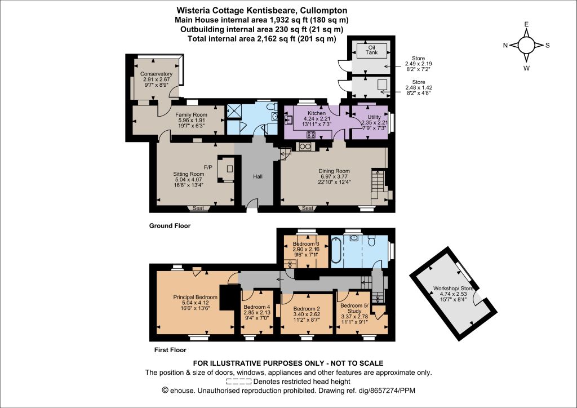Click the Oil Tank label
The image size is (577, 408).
coord(371,50)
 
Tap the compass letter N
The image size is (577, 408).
coord(505,45)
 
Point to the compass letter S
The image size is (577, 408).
coord(548,45)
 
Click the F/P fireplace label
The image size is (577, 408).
coord(208,167)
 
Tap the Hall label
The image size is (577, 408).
coord(258,176)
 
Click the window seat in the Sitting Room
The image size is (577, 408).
coord(198,209)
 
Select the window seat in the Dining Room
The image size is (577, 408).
coord(308,209)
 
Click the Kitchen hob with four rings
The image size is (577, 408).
coord(311,135)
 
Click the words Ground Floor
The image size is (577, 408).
coord(170,226)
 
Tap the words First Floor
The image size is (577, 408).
coord(170,350)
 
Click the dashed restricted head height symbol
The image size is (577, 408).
coord(239,382)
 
